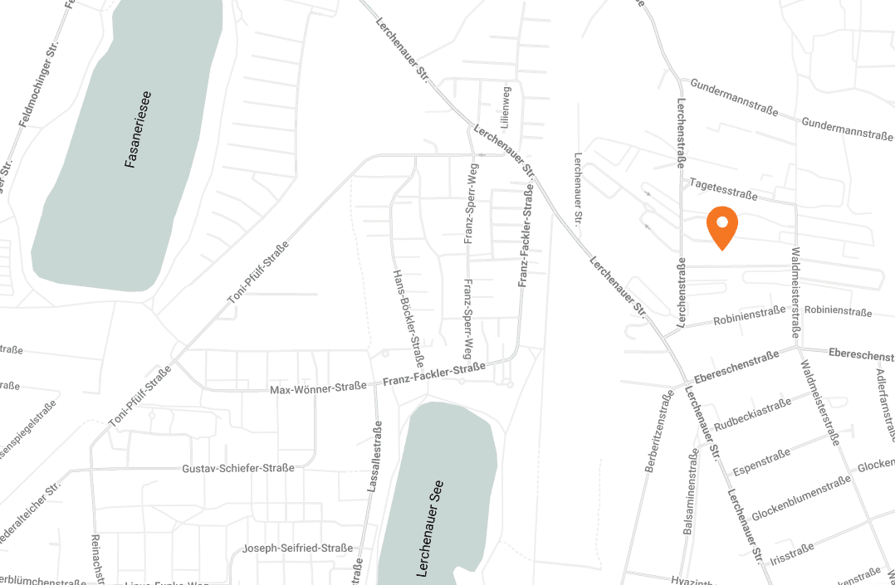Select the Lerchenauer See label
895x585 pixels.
pyautogui.click(x=433, y=529)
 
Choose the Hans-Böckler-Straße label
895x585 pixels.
pyautogui.click(x=409, y=319)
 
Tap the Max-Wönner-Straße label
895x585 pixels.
pyautogui.click(x=318, y=388)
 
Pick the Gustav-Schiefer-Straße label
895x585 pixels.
pyautogui.click(x=237, y=469)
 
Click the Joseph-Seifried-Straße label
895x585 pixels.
pyautogui.click(x=297, y=548)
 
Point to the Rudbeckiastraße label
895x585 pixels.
pyautogui.click(x=752, y=413)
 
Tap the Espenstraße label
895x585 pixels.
pyautogui.click(x=761, y=462)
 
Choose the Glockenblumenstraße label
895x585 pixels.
pyautogui.click(x=800, y=499)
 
